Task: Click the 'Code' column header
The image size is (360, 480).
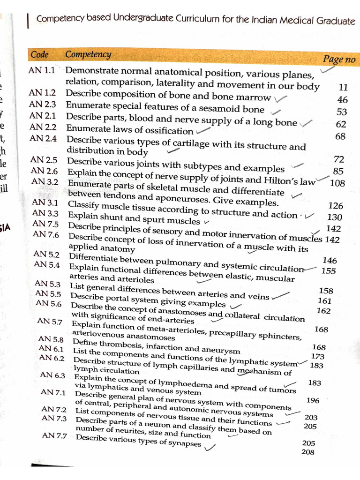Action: click(x=39, y=54)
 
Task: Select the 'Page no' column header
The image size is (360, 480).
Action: click(x=339, y=59)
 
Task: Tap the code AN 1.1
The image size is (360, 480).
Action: click(x=42, y=71)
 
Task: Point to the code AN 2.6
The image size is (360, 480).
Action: click(x=45, y=171)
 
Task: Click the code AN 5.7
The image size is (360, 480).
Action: click(x=50, y=321)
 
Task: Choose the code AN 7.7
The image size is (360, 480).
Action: click(x=54, y=435)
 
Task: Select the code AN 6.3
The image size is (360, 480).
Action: click(x=52, y=375)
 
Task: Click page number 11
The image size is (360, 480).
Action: click(x=343, y=87)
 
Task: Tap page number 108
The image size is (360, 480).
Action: click(x=337, y=183)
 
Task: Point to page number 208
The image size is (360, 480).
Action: click(x=308, y=452)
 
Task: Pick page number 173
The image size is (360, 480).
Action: click(x=317, y=357)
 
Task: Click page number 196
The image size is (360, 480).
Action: click(x=313, y=401)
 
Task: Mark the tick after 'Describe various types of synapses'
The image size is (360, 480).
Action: click(x=209, y=448)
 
